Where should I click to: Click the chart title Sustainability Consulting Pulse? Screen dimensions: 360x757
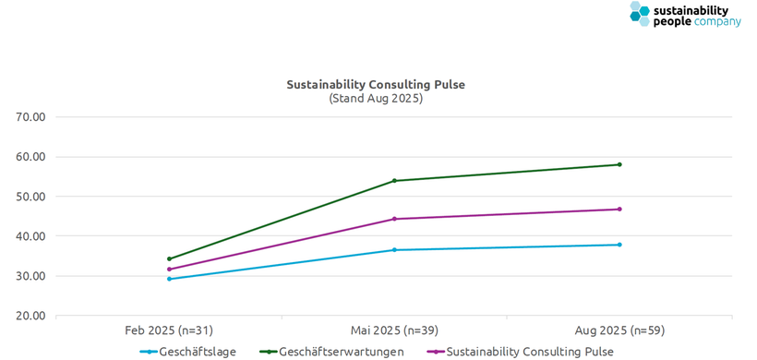[376, 84]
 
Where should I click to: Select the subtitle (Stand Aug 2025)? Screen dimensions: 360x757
[376, 98]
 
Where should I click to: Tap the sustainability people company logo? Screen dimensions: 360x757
[685, 15]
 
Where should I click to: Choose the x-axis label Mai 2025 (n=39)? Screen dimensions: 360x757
[394, 330]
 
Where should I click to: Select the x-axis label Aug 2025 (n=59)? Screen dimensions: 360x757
[619, 330]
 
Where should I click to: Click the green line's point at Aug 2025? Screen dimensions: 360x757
[619, 164]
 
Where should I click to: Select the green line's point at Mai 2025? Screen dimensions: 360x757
[394, 180]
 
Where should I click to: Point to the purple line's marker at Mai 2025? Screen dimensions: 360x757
[394, 219]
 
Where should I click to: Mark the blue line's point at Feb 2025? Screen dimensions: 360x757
[169, 279]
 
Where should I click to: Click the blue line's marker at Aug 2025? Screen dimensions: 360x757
[619, 245]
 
